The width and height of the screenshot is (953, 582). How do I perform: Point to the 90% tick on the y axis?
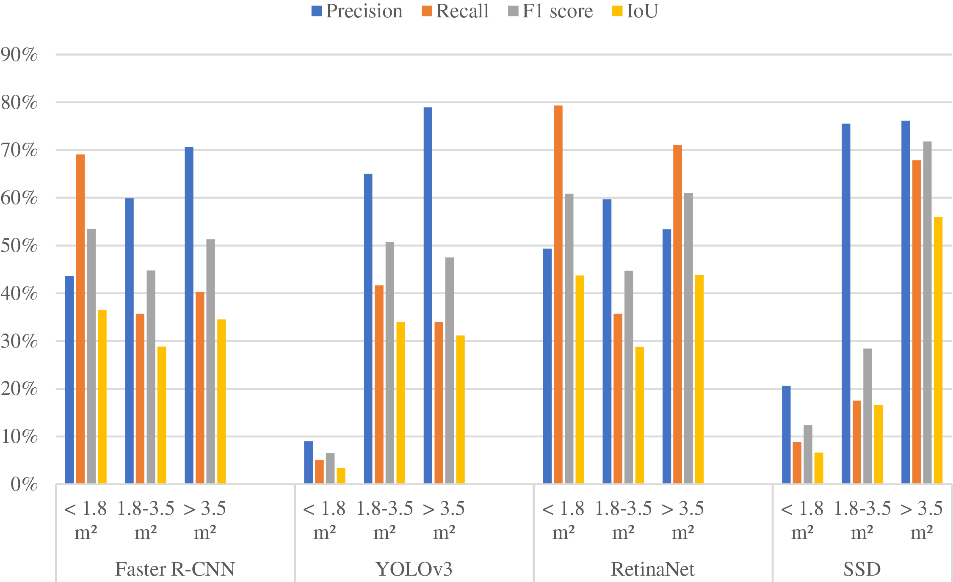click(19, 55)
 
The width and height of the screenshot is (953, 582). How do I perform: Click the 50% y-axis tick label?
click(19, 245)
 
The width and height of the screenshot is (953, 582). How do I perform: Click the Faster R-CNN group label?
click(175, 569)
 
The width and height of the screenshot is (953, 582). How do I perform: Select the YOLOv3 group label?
click(414, 569)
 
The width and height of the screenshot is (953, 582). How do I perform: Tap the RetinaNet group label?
click(652, 569)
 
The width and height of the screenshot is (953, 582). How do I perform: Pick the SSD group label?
click(862, 569)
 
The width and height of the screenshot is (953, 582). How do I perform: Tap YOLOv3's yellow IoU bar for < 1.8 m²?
click(341, 476)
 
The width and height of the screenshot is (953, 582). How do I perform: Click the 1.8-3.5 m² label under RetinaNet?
click(623, 520)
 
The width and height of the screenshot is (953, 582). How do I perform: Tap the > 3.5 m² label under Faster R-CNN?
click(205, 520)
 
